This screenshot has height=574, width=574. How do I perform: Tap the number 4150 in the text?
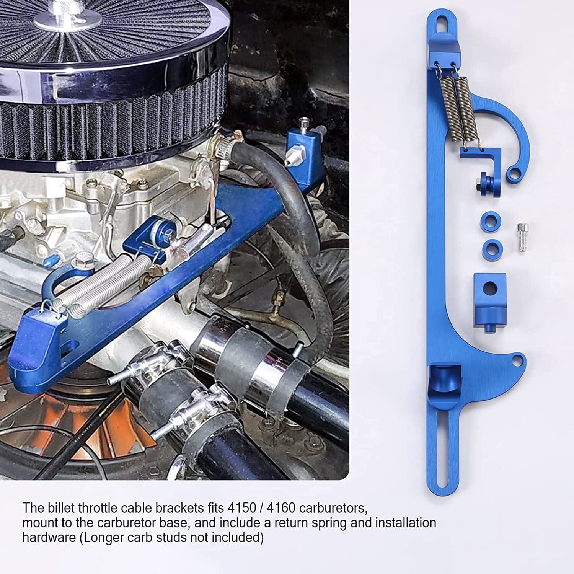tap(241, 508)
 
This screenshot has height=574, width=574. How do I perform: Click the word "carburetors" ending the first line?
tap(333, 508)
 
